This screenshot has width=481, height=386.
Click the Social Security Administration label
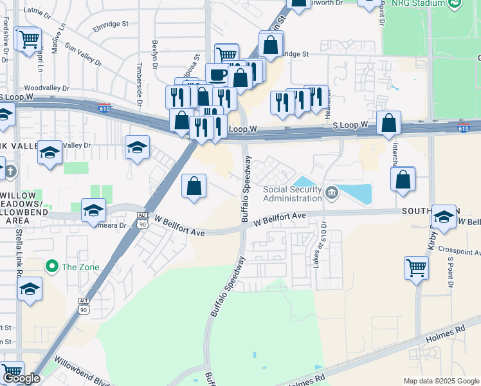292,193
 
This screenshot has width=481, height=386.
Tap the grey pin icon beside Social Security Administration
331,192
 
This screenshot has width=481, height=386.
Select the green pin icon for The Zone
50,266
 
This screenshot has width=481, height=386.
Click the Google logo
21,378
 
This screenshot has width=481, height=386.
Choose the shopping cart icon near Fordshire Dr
28,41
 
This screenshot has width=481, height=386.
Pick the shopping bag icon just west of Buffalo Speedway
194,187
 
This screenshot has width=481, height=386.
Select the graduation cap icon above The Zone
93,210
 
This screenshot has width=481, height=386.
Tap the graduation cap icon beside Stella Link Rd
30,290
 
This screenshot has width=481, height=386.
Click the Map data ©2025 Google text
441,381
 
